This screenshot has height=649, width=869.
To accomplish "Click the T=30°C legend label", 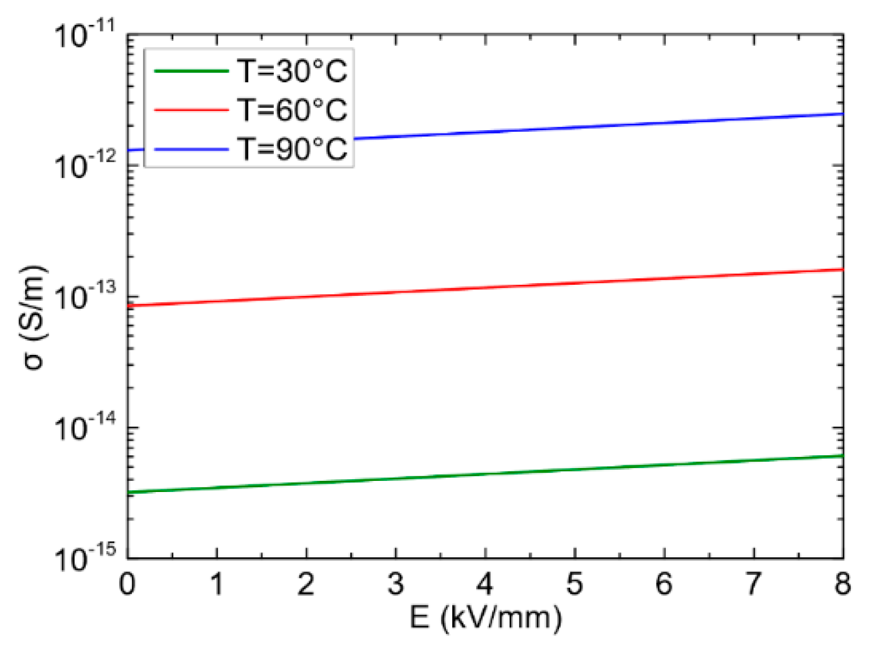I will [x=292, y=71].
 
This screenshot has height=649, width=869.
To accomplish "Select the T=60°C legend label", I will [x=292, y=110].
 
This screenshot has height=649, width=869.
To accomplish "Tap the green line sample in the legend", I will [x=191, y=71].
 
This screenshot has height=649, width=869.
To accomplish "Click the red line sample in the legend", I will [x=191, y=110].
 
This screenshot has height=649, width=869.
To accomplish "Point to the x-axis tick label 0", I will [x=127, y=584].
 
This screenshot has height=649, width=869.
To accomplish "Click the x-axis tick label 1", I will [x=217, y=584].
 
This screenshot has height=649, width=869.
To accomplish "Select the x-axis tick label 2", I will [x=306, y=584].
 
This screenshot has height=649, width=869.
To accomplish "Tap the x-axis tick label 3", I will [x=396, y=584].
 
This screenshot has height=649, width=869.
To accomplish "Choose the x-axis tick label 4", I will [x=485, y=584].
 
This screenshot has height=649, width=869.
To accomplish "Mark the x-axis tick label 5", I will [x=574, y=584].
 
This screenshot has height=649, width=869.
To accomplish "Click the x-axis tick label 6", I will [x=664, y=584].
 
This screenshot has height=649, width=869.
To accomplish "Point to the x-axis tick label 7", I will [x=753, y=584].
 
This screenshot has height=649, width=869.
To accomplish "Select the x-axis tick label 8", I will [x=842, y=584].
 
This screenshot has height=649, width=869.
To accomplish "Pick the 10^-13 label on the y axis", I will [x=85, y=296].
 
